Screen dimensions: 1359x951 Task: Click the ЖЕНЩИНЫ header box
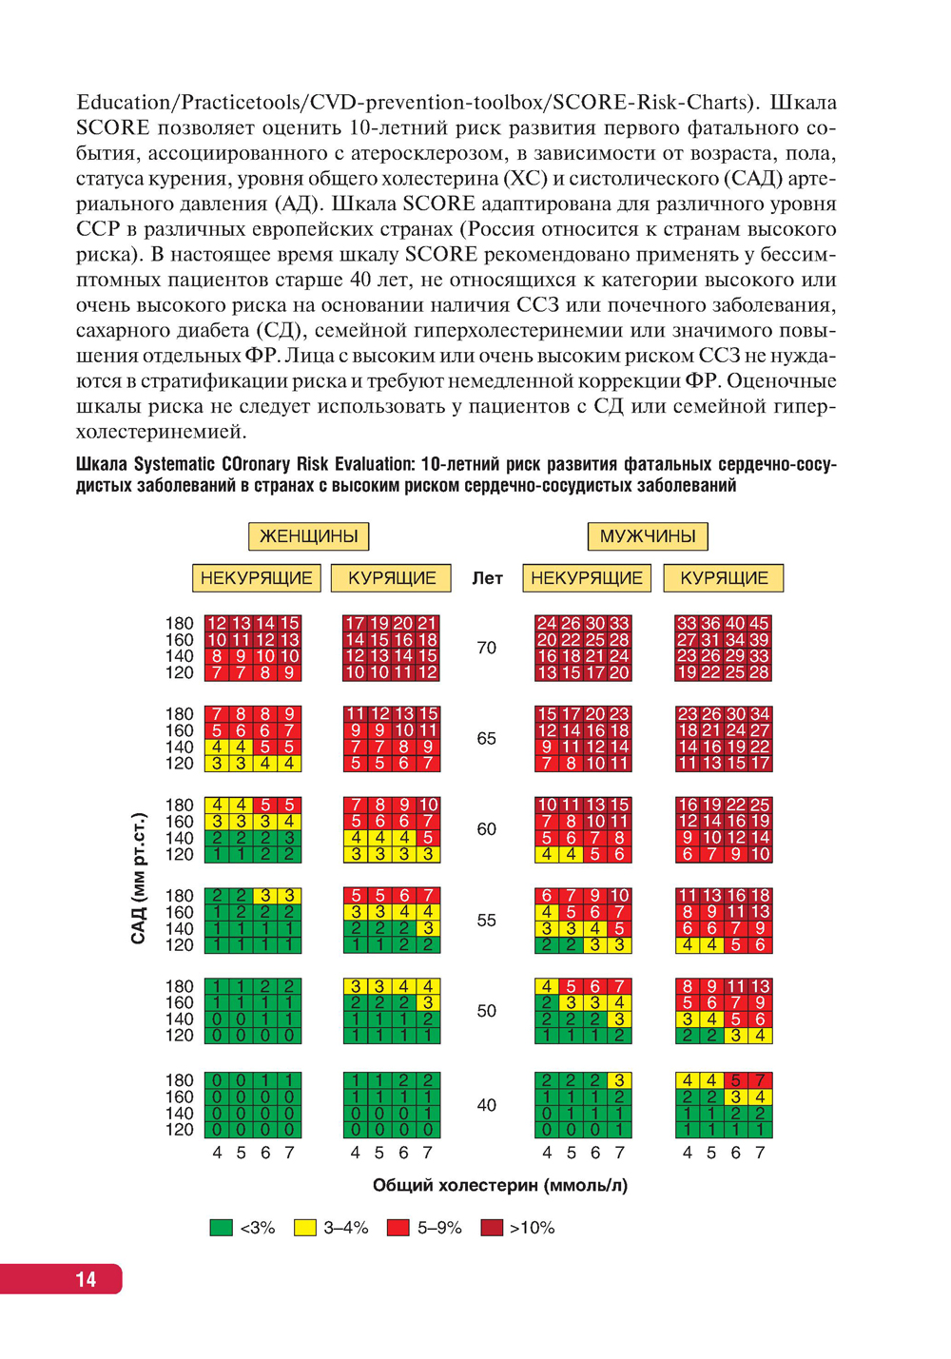[x=308, y=536]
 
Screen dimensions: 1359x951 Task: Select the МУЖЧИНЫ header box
[x=648, y=536]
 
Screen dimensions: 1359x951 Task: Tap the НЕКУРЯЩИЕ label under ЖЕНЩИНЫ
[x=257, y=578]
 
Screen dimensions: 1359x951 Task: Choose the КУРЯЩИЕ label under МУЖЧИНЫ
[x=724, y=578]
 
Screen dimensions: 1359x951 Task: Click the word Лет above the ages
[x=487, y=578]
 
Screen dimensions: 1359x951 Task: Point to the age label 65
[x=486, y=739]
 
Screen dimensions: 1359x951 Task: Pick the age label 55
[x=486, y=921]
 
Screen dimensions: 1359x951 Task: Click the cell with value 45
[x=759, y=624]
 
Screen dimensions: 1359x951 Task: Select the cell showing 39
[x=759, y=640]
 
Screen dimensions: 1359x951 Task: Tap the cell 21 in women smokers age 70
[x=427, y=624]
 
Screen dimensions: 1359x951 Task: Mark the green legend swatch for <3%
[x=221, y=1228]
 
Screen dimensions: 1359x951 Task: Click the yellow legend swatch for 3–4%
[x=304, y=1228]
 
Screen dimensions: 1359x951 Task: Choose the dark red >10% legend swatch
[x=492, y=1228]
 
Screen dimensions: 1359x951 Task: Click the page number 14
[x=86, y=1279]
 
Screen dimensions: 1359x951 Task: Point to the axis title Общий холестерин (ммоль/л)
[x=499, y=1185]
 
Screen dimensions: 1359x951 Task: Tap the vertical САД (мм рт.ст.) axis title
[x=139, y=878]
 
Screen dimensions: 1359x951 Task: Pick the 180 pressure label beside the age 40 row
[x=179, y=1080]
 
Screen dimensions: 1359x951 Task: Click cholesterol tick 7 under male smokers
[x=760, y=1153]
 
